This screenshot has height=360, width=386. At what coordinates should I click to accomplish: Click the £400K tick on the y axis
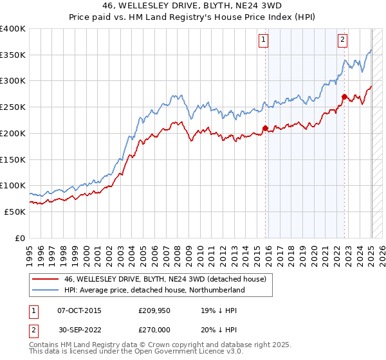point(13,29)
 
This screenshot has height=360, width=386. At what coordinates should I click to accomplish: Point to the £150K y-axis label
point(13,159)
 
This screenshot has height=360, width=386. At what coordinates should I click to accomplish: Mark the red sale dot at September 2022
point(345,97)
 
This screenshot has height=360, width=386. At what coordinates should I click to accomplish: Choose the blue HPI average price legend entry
point(154,290)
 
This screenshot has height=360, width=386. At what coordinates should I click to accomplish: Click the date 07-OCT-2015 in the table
point(79,310)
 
